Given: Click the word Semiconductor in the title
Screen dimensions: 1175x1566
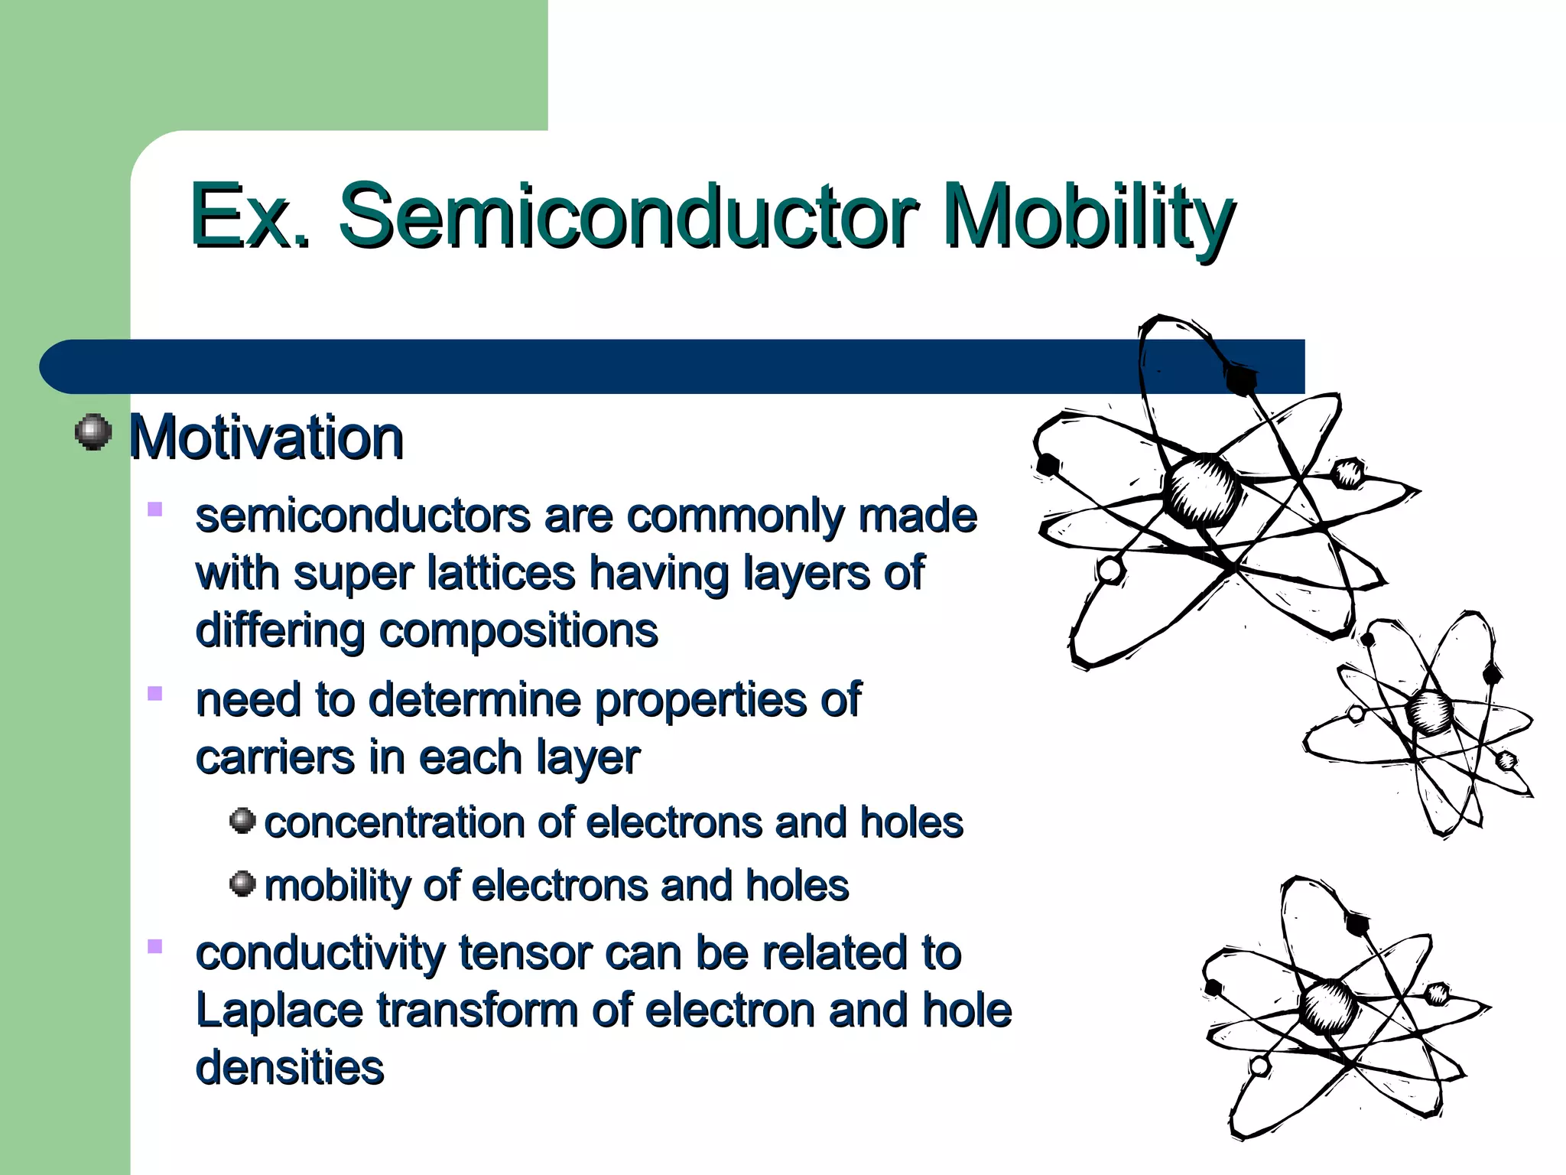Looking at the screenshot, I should (x=627, y=216).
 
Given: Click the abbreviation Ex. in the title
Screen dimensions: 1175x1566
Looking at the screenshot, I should (x=249, y=216).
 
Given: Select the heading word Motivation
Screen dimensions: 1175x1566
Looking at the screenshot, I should (x=265, y=438).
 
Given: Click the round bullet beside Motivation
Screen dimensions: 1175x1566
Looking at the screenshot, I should (x=94, y=432).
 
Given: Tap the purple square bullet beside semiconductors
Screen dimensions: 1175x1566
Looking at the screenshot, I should (x=155, y=509).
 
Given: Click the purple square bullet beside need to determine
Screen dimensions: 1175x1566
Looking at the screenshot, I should (x=155, y=694).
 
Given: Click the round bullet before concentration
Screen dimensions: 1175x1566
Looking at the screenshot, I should (x=242, y=821).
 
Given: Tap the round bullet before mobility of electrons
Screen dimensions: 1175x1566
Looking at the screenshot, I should (x=242, y=884).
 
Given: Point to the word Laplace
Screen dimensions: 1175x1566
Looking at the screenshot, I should (x=279, y=1011).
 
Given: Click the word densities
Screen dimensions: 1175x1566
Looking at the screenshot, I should (x=289, y=1068).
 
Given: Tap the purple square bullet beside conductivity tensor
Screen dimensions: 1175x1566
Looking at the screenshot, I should (x=155, y=947).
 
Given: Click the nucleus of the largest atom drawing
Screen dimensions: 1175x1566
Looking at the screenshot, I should (x=1202, y=490).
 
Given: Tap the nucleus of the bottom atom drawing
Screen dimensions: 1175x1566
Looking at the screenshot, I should (x=1329, y=1006).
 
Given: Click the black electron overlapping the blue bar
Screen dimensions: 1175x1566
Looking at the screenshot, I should (x=1239, y=378).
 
